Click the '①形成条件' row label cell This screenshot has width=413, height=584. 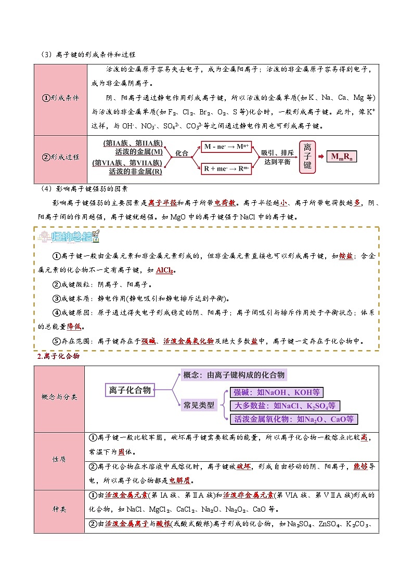tap(60, 99)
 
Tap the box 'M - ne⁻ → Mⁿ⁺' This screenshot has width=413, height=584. tap(226, 147)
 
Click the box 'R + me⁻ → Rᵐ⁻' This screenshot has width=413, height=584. tap(226, 168)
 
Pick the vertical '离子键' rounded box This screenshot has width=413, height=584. tap(307, 157)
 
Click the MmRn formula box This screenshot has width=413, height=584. tap(342, 157)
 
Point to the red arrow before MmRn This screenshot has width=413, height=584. tap(321, 157)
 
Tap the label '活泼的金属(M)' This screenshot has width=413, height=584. tap(139, 152)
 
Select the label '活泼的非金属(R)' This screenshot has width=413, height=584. tap(136, 172)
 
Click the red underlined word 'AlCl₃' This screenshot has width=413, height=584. tap(164, 270)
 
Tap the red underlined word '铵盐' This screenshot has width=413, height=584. tap(346, 256)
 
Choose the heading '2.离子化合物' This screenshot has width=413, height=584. tap(58, 356)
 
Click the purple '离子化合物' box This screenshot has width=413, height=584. tap(130, 390)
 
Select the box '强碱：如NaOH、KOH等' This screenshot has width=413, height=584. tap(277, 392)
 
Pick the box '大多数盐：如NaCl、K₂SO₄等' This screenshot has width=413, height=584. tap(285, 406)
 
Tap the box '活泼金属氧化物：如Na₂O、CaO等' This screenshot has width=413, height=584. tap(294, 419)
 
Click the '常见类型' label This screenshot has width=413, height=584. tap(199, 405)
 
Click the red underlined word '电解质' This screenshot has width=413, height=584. tap(179, 481)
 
